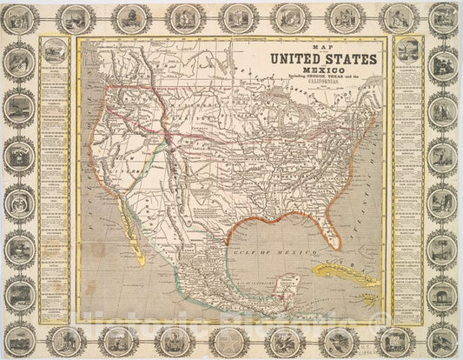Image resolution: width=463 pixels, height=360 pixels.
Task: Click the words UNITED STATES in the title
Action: click(324, 59)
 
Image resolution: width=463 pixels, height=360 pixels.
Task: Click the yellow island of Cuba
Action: click(342, 273)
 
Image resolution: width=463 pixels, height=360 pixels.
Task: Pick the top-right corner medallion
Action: click(443, 17)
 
